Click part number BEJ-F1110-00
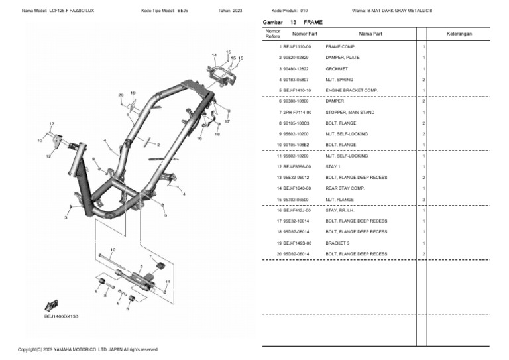pyautogui.click(x=297, y=47)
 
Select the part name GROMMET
pyautogui.click(x=335, y=69)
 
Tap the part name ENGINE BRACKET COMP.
pyautogui.click(x=351, y=90)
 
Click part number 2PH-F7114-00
pyautogui.click(x=297, y=113)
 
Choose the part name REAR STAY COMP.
pyautogui.click(x=345, y=188)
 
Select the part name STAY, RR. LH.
pyautogui.click(x=340, y=210)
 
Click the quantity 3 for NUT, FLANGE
pyautogui.click(x=424, y=200)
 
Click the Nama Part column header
pyautogui.click(x=370, y=33)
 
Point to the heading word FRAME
pyautogui.click(x=313, y=22)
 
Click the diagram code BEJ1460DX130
pyautogui.click(x=62, y=317)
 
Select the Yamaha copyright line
pyautogui.click(x=87, y=349)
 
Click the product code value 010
pyautogui.click(x=304, y=11)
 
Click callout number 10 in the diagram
pyautogui.click(x=113, y=249)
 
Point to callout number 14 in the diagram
pyautogui.click(x=214, y=55)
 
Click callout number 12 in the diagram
pyautogui.click(x=48, y=157)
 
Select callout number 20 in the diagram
pyautogui.click(x=121, y=95)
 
